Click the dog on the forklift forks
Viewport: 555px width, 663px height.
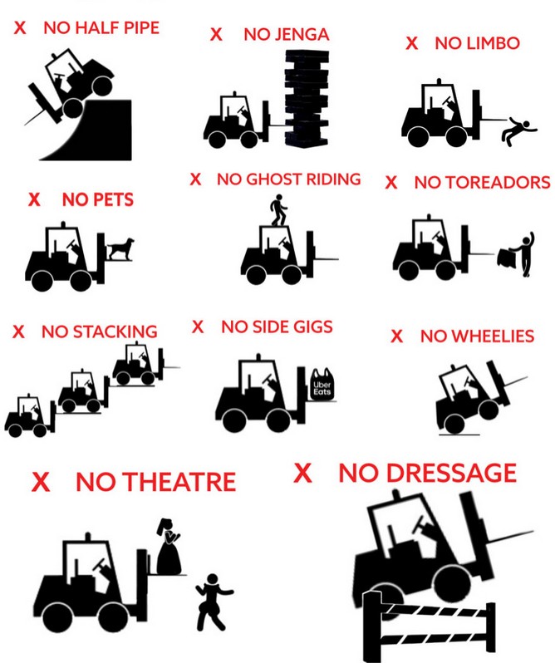coord(121,248)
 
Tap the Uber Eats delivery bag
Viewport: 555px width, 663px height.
coord(322,384)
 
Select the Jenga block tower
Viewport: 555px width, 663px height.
coord(307,99)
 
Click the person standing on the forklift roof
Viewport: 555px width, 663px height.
coord(278,210)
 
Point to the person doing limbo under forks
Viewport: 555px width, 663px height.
coord(518,132)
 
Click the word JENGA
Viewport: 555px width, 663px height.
coord(302,35)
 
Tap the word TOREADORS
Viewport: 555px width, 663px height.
coord(498,183)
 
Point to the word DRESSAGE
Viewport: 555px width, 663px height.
coord(451,473)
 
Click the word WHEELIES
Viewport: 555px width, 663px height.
coord(493,336)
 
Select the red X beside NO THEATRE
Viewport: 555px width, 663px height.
coord(41,481)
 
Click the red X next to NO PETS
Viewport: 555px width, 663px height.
coord(34,199)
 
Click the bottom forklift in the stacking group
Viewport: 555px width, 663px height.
coord(30,416)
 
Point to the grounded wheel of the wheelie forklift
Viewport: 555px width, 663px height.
coord(454,424)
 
